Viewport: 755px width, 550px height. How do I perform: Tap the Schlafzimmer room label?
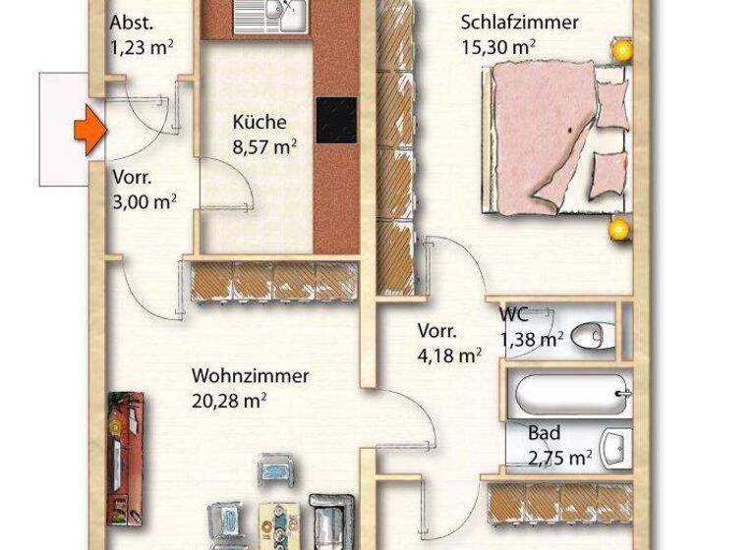tap(519, 23)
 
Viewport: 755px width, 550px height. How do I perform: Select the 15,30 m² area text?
tap(497, 45)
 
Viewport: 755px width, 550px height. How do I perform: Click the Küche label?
tap(260, 123)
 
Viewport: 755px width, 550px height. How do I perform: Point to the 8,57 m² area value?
tap(264, 146)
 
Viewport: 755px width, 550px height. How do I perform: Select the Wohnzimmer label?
tap(251, 376)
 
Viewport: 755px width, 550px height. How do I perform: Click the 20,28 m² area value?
tap(230, 400)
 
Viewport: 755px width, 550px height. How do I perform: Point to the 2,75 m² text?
tap(559, 457)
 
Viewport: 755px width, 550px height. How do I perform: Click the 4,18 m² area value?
tap(449, 355)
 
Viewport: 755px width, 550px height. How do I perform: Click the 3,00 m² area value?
tap(145, 201)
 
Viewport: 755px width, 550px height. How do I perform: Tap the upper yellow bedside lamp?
tap(619, 47)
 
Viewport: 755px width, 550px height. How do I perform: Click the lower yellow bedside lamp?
tap(618, 230)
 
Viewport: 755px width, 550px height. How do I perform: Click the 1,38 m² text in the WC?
tap(532, 339)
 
